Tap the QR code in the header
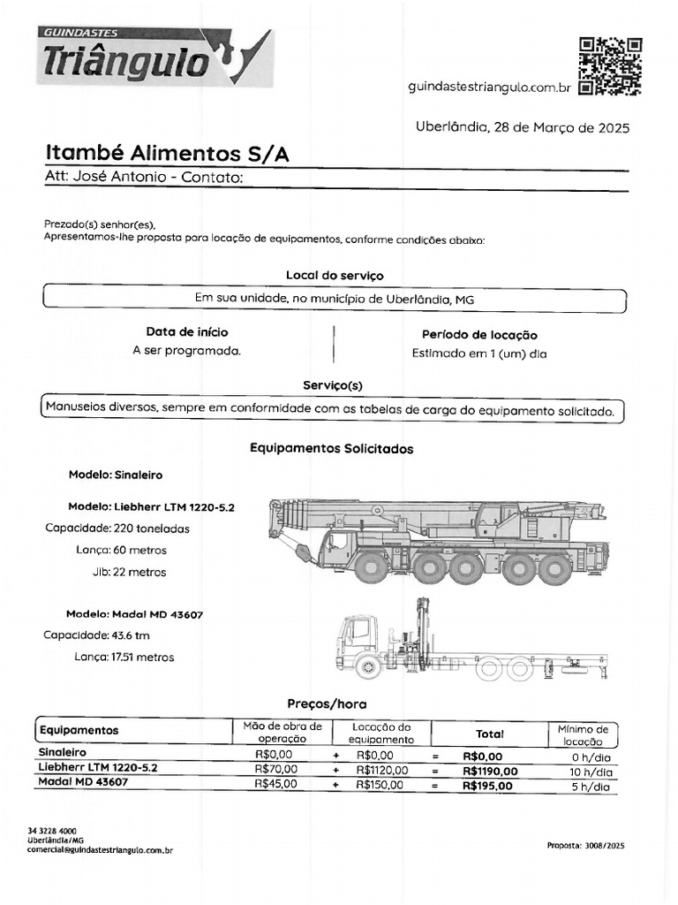(x=609, y=65)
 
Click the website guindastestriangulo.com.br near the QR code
(x=491, y=87)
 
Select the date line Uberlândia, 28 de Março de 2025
(x=522, y=127)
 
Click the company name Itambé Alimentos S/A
(x=167, y=154)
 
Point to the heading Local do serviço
(x=335, y=276)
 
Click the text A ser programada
(x=186, y=350)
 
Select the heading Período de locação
(x=479, y=335)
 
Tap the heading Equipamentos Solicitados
(x=331, y=449)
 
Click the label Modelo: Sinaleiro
(x=116, y=475)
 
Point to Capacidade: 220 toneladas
(x=117, y=529)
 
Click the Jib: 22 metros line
(x=129, y=572)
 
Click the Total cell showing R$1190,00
(x=490, y=771)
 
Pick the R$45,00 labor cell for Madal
(x=275, y=784)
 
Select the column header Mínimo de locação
(x=583, y=734)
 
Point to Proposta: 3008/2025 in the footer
(x=585, y=846)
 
